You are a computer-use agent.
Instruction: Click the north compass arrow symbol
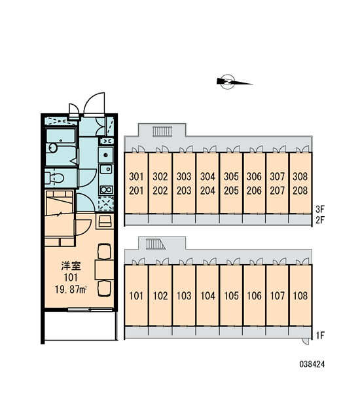[x=234, y=82]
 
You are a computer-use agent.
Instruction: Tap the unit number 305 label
[x=231, y=176]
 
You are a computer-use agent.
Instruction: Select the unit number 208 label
[x=300, y=191]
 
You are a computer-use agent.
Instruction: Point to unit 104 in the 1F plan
[x=207, y=296]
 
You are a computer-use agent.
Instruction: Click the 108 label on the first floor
[x=300, y=296]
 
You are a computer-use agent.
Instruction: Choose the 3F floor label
[x=320, y=208]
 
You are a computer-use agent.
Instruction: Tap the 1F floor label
[x=320, y=335]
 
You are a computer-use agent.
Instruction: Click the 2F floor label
[x=320, y=220]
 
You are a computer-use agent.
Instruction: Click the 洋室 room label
[x=71, y=266]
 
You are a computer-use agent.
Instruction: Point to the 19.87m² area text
[x=71, y=290]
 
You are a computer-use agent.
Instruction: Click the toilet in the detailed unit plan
[x=54, y=178]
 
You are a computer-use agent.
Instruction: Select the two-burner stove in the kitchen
[x=106, y=189]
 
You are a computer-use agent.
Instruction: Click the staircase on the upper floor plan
[x=162, y=131]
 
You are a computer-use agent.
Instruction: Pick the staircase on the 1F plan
[x=156, y=244]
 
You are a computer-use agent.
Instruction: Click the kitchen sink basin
[x=106, y=169]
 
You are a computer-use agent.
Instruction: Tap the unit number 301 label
[x=136, y=176]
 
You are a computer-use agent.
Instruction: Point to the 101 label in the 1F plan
[x=136, y=296]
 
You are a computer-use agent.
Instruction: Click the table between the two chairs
[x=104, y=270]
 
